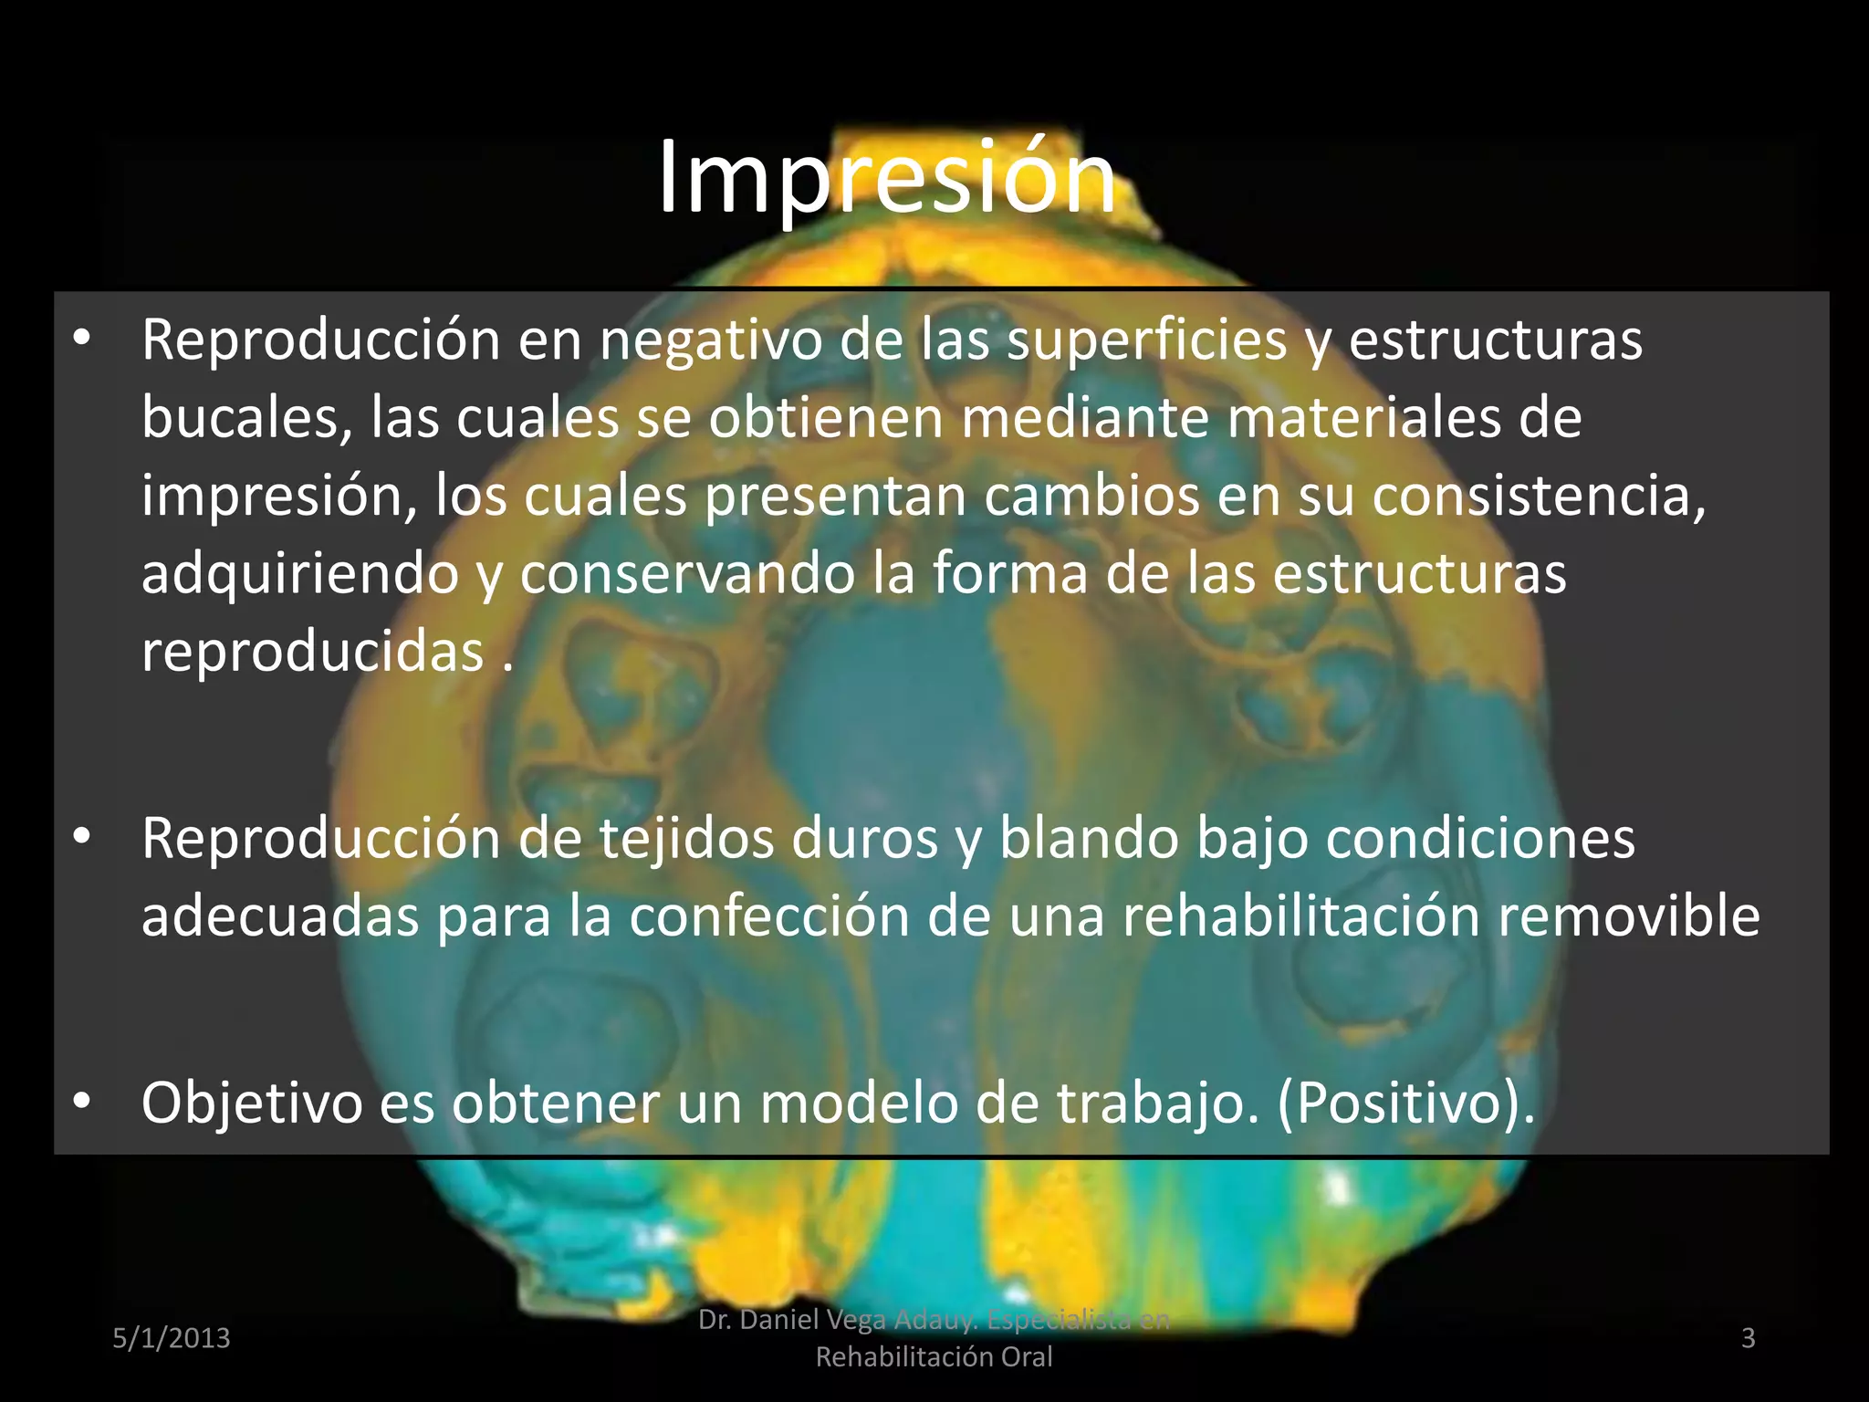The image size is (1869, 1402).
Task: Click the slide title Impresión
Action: pyautogui.click(x=886, y=178)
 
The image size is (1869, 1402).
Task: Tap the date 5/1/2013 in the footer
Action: pyautogui.click(x=172, y=1338)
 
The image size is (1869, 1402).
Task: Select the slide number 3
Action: pyautogui.click(x=1749, y=1338)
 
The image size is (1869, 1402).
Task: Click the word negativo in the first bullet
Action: pyautogui.click(x=710, y=341)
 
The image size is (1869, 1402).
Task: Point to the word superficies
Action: pyautogui.click(x=1147, y=341)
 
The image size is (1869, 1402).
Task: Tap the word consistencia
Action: pyautogui.click(x=1539, y=497)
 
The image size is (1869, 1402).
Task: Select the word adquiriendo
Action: pyautogui.click(x=299, y=575)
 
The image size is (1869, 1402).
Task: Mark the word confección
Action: pyautogui.click(x=768, y=916)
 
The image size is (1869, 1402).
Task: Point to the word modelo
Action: pyautogui.click(x=859, y=1104)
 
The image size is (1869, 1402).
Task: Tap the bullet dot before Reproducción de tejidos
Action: pyautogui.click(x=82, y=836)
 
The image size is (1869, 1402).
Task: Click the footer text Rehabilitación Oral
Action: pyautogui.click(x=934, y=1357)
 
